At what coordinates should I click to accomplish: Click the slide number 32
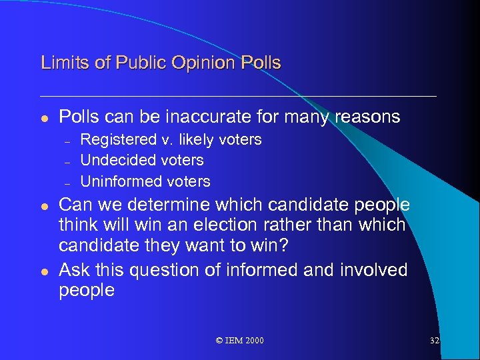pyautogui.click(x=435, y=341)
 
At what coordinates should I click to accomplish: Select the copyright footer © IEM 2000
pyautogui.click(x=240, y=341)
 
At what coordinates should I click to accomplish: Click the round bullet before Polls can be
pyautogui.click(x=44, y=118)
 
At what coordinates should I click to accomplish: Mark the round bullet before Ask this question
pyautogui.click(x=44, y=270)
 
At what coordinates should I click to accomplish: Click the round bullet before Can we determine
pyautogui.click(x=44, y=205)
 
